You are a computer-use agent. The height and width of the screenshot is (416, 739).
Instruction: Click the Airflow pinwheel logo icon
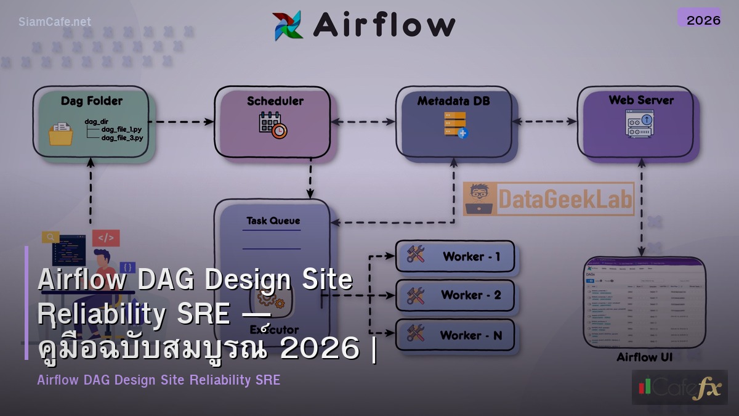(288, 25)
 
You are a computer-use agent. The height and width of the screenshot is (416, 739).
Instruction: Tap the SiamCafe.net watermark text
(55, 22)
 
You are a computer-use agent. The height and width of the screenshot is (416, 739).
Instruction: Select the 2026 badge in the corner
(703, 20)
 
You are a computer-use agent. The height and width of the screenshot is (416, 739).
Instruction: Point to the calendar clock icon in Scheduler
(273, 125)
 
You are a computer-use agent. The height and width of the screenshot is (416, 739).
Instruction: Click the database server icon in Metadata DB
(454, 125)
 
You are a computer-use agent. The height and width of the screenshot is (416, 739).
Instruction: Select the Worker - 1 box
(455, 256)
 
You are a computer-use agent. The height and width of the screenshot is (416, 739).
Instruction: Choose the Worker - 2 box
(455, 296)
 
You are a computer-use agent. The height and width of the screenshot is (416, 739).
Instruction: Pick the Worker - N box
(455, 335)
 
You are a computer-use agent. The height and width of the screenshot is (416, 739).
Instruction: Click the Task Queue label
(273, 221)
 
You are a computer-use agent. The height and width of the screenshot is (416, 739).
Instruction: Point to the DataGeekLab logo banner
(548, 198)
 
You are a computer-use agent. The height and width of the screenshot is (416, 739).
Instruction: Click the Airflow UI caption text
(644, 357)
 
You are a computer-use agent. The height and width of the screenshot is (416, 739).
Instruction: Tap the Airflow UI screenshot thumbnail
(644, 303)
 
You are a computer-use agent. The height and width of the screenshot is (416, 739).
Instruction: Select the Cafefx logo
(679, 387)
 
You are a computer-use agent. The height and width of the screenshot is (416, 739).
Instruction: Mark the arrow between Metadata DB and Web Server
(544, 122)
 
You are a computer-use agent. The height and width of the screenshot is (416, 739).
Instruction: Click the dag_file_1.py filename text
(122, 129)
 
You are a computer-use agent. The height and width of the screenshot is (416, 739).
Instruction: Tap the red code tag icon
(106, 237)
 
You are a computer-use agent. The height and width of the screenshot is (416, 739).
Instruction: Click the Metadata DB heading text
(454, 100)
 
